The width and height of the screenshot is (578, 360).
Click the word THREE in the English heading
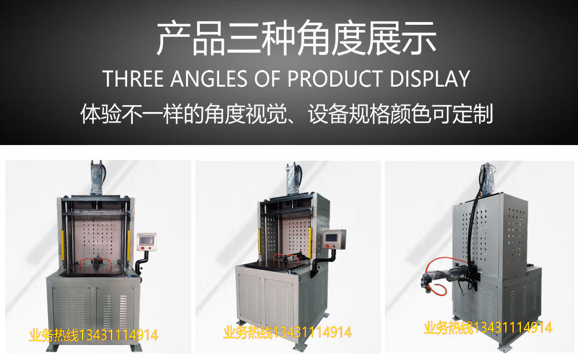(133, 79)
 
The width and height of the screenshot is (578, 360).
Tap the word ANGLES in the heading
(209, 79)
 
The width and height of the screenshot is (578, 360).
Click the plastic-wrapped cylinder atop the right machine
(488, 180)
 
